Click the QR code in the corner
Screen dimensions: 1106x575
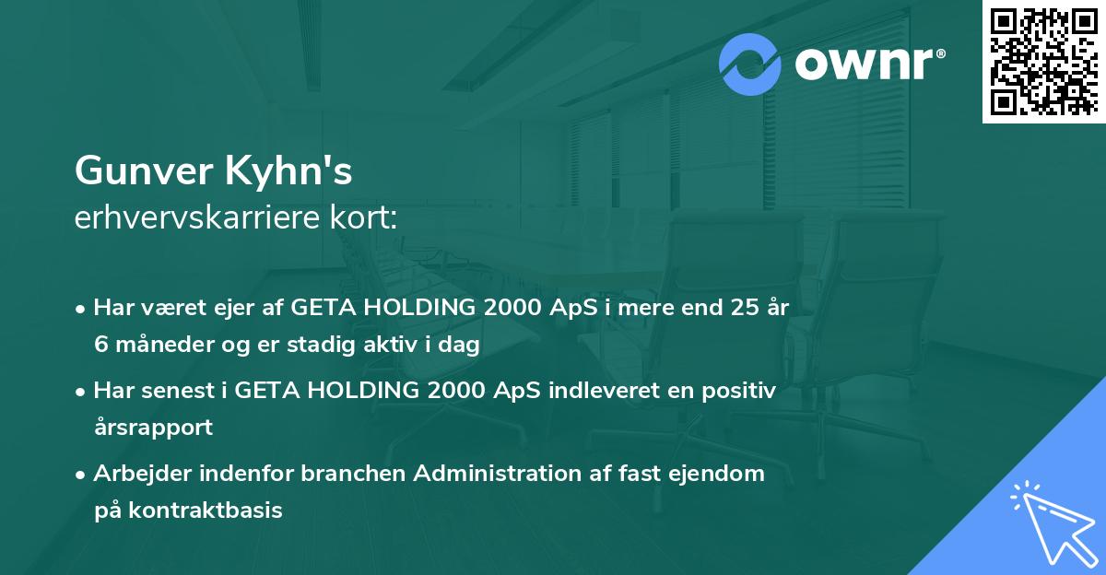tap(1043, 61)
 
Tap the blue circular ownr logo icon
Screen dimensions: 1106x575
tap(749, 65)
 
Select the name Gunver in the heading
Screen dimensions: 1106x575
tap(144, 170)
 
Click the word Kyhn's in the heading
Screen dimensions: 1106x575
tap(288, 170)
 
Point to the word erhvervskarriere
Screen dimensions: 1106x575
tap(197, 217)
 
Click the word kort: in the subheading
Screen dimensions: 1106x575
tap(363, 217)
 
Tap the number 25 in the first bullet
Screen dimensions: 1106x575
tap(745, 307)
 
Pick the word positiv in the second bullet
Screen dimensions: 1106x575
tap(738, 392)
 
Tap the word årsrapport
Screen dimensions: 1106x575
tap(154, 428)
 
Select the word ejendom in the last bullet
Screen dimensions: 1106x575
tap(716, 474)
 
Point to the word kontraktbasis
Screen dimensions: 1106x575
tap(206, 510)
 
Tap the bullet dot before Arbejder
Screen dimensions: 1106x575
tap(80, 475)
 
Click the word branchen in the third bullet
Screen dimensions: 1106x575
tap(353, 473)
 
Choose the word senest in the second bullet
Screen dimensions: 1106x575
tap(178, 391)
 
